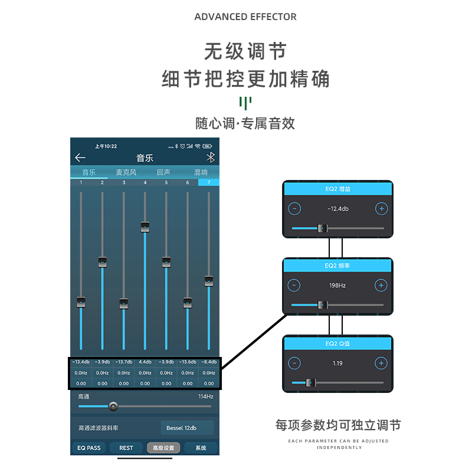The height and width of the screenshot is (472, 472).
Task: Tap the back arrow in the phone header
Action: pyautogui.click(x=80, y=158)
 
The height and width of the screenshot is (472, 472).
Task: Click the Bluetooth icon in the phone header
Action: pyautogui.click(x=210, y=158)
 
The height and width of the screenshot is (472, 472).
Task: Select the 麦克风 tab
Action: pyautogui.click(x=126, y=172)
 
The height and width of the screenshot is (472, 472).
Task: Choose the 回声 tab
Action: pyautogui.click(x=163, y=172)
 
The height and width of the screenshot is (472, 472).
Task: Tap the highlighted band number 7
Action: pyautogui.click(x=208, y=182)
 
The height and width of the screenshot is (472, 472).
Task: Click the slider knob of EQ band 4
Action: pyautogui.click(x=145, y=227)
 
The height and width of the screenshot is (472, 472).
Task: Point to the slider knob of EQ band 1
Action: pyautogui.click(x=81, y=302)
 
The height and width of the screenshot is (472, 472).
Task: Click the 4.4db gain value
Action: pyautogui.click(x=145, y=362)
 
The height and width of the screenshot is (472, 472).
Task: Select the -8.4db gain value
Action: pyautogui.click(x=208, y=362)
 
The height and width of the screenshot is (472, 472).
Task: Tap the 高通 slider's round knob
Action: pyautogui.click(x=113, y=406)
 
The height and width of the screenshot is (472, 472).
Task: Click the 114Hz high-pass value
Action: pyautogui.click(x=205, y=396)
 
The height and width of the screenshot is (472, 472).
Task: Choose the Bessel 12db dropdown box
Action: pyautogui.click(x=187, y=428)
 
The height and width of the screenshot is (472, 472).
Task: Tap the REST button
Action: pyautogui.click(x=126, y=448)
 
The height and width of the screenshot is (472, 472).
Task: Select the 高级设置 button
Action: pyautogui.click(x=163, y=448)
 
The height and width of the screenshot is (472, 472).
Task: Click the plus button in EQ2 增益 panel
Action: pyautogui.click(x=381, y=208)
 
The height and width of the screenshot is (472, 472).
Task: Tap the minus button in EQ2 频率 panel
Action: pyautogui.click(x=294, y=286)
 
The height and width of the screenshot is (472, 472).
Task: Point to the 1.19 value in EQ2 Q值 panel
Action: pyautogui.click(x=337, y=363)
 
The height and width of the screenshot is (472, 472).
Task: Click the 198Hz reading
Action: pyautogui.click(x=337, y=286)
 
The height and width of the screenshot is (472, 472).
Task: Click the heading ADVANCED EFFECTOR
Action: pyautogui.click(x=245, y=17)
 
